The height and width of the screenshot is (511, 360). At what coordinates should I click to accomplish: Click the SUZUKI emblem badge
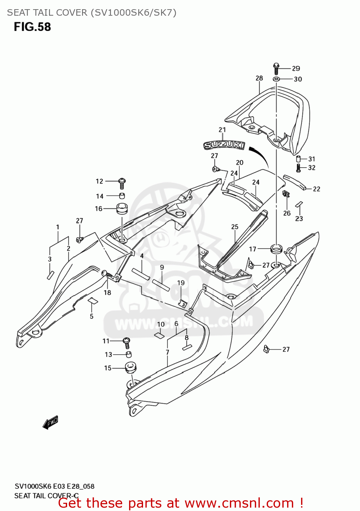(224, 145)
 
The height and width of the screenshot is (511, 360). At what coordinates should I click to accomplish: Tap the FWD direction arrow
(50, 422)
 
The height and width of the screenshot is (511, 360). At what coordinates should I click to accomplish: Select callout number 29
(296, 68)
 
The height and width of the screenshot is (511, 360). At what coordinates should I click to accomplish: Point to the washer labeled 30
(276, 79)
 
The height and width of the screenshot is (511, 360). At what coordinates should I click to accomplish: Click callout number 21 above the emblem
(222, 130)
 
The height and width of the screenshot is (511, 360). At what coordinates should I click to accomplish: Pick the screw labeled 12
(122, 183)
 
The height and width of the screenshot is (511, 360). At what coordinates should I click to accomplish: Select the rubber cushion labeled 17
(276, 249)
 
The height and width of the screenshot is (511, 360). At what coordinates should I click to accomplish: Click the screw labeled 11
(127, 342)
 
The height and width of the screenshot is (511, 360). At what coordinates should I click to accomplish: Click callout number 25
(235, 227)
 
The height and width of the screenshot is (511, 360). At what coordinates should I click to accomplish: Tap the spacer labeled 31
(298, 159)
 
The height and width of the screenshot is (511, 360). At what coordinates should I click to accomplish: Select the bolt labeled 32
(299, 168)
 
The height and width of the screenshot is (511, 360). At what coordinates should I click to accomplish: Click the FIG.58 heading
(32, 27)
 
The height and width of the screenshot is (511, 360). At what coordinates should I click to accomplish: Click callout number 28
(259, 78)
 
